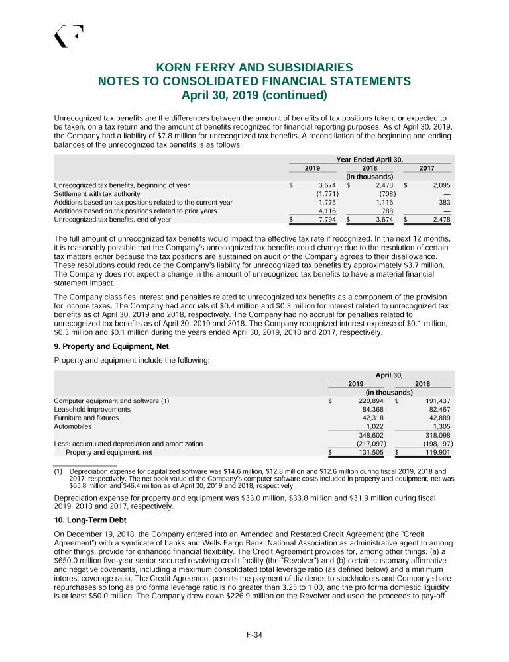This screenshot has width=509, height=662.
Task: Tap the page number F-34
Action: click(x=254, y=636)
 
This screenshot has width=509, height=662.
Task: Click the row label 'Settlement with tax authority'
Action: click(x=97, y=193)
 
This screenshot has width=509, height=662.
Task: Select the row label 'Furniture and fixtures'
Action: click(x=86, y=418)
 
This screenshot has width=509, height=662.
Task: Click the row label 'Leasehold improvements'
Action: click(x=92, y=409)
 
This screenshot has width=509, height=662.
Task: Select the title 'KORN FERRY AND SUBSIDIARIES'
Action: click(x=254, y=68)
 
